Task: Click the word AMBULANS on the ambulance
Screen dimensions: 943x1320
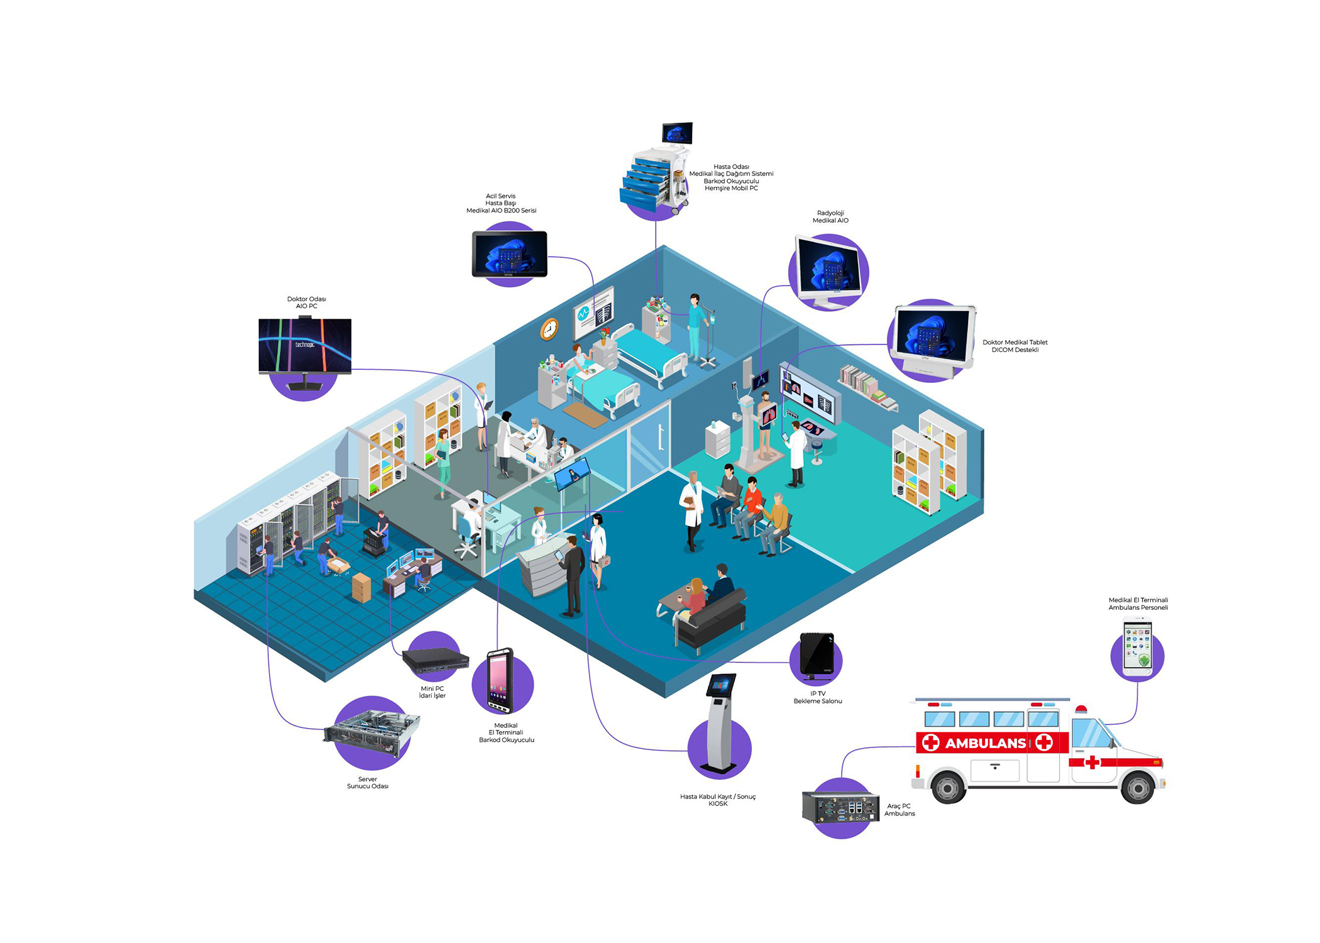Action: [x=985, y=743]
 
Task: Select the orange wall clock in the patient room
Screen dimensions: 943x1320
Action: [x=549, y=329]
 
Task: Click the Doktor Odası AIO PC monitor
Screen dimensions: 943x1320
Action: [x=305, y=346]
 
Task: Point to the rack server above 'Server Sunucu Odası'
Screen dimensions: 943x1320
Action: [x=371, y=732]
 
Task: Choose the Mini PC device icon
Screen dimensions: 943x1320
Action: [x=435, y=661]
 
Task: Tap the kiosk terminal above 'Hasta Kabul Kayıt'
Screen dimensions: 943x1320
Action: [x=720, y=723]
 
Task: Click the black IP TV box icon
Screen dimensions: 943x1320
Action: [x=817, y=655]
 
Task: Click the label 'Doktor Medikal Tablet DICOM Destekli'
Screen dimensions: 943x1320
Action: [x=1015, y=346]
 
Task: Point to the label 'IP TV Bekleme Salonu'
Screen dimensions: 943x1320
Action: [x=817, y=697]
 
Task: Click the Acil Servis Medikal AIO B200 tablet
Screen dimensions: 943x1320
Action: [x=510, y=254]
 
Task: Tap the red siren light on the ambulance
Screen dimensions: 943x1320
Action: [x=1081, y=710]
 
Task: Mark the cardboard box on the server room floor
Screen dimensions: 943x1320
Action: [x=361, y=587]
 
